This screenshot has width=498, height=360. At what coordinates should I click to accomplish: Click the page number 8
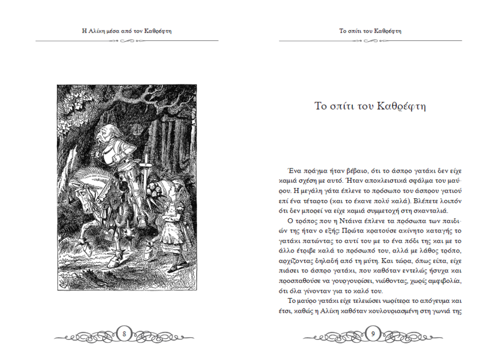pos(124,333)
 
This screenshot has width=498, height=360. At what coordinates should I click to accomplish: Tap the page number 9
pos(373,333)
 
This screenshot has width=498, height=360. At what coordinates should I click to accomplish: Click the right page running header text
pos(370,31)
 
